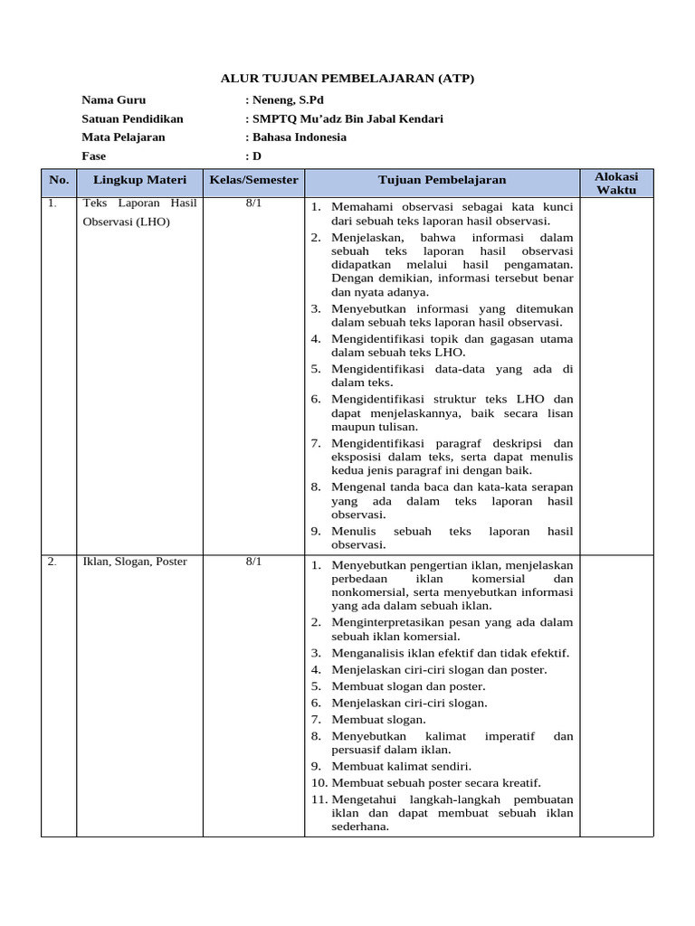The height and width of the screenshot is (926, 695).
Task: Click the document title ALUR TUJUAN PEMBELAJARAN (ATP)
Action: point(347,79)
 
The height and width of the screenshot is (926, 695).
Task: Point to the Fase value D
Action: point(256,156)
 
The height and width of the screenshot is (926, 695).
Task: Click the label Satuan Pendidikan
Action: point(132,118)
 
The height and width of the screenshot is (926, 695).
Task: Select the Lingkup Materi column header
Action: point(139,180)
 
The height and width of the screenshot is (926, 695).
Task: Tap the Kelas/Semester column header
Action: point(253,180)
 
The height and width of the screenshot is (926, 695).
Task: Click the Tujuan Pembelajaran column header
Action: point(442,180)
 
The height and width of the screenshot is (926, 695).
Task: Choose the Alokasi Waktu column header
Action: point(615,183)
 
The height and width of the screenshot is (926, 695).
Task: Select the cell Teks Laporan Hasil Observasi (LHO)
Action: point(139,213)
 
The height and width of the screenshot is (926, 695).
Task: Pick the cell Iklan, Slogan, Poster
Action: point(134,562)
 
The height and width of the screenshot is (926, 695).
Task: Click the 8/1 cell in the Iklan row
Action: point(253,562)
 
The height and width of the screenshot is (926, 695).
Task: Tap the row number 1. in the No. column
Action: point(52,204)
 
